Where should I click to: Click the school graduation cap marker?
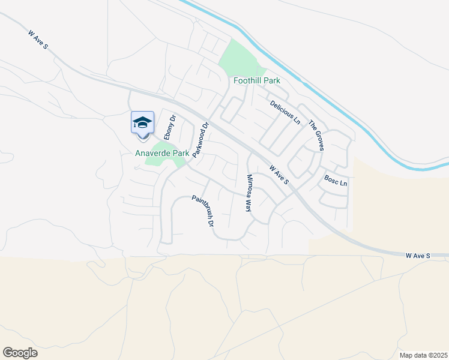click(x=142, y=122)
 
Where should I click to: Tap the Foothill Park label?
click(x=257, y=80)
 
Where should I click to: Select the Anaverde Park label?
click(x=162, y=154)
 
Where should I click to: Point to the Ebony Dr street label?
click(x=169, y=127)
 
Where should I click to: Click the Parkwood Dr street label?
click(x=200, y=140)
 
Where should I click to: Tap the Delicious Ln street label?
click(x=285, y=112)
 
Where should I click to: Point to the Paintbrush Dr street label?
click(x=203, y=211)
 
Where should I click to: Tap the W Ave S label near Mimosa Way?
click(x=279, y=175)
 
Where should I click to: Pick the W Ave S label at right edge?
click(x=418, y=256)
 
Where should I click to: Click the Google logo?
click(x=20, y=353)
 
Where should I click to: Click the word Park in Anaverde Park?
click(x=181, y=154)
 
